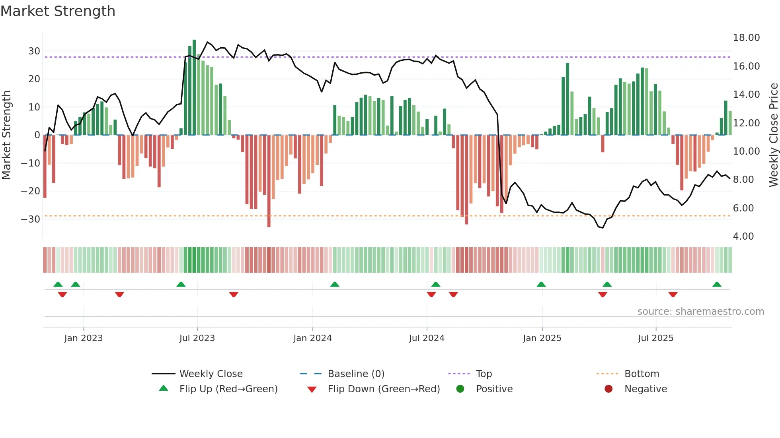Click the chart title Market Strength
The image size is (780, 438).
(58, 11)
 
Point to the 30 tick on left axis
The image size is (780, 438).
(34, 51)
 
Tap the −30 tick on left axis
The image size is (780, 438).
(31, 219)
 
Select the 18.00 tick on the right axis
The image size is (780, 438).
(746, 38)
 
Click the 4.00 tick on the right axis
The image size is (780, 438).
(743, 236)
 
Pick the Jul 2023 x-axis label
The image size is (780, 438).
(197, 338)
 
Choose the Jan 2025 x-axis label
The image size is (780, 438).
(542, 338)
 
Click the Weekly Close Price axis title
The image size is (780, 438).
(773, 135)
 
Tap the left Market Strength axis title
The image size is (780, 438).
(6, 135)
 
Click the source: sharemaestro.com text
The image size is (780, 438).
(700, 312)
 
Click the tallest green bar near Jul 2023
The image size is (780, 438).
(194, 87)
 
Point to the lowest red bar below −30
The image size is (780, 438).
(269, 181)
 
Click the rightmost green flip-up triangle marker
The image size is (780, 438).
(717, 285)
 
